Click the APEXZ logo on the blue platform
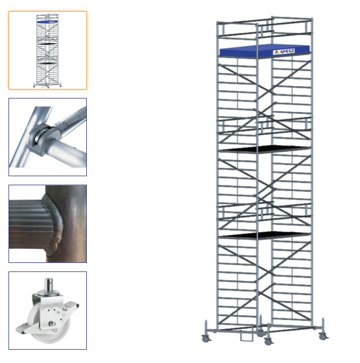point(284,52)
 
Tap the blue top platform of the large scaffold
point(265,51)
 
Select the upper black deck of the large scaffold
point(265,149)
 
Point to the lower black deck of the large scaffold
point(265,235)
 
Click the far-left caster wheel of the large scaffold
point(206,339)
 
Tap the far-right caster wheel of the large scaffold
point(323,336)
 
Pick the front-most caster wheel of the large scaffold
point(268,342)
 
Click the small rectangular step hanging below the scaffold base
point(247,336)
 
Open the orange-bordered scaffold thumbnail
point(48,50)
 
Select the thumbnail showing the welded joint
point(48,224)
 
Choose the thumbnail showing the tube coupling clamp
point(48,137)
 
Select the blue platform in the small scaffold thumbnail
point(47,21)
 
